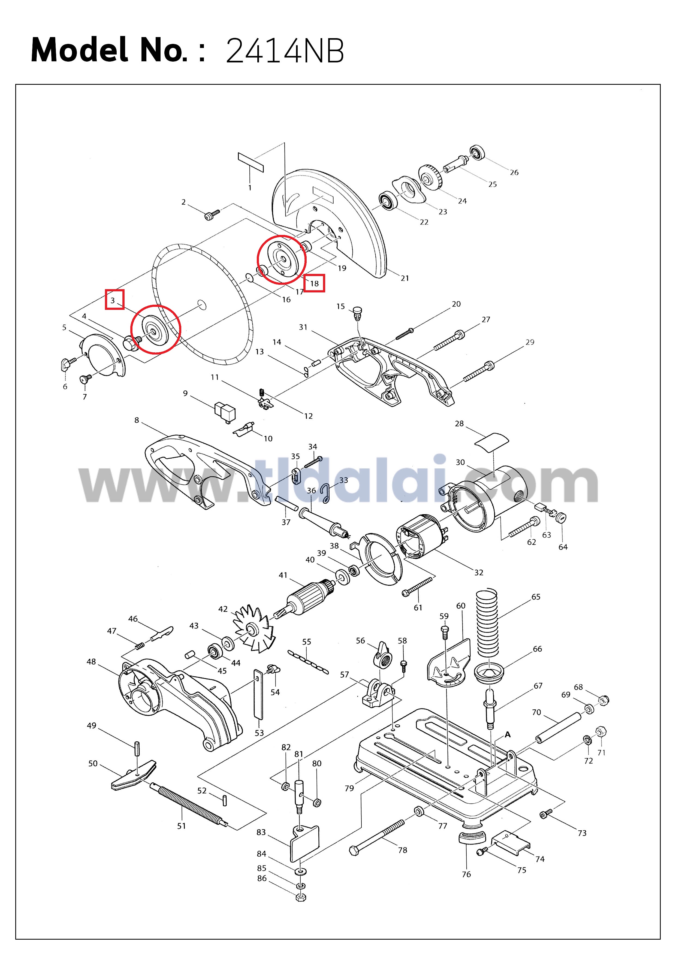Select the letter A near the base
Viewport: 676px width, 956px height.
507,735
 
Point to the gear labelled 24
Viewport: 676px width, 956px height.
430,178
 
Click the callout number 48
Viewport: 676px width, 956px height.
91,662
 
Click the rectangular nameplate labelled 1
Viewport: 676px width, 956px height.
251,162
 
